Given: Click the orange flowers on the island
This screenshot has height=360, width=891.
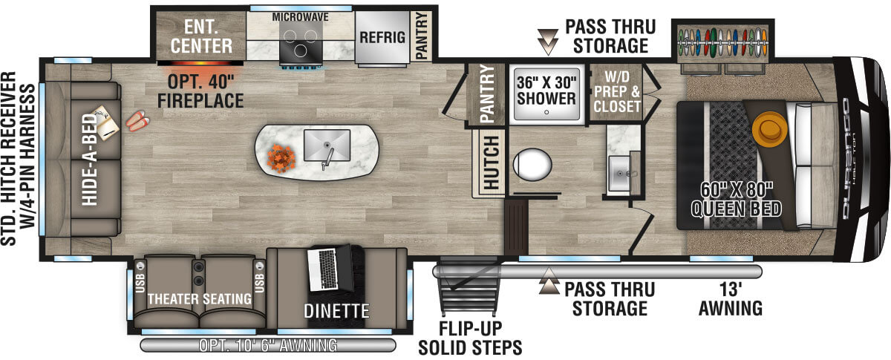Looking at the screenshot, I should pyautogui.click(x=281, y=157).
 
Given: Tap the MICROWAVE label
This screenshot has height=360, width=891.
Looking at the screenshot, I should pyautogui.click(x=300, y=16).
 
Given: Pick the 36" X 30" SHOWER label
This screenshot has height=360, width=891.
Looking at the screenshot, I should pyautogui.click(x=546, y=90).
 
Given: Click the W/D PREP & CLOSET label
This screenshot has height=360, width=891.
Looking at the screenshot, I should pyautogui.click(x=616, y=93).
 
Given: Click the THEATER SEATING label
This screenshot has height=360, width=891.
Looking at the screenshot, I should pyautogui.click(x=199, y=298).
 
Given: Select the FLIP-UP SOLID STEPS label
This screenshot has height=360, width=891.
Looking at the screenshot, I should pyautogui.click(x=470, y=338).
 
